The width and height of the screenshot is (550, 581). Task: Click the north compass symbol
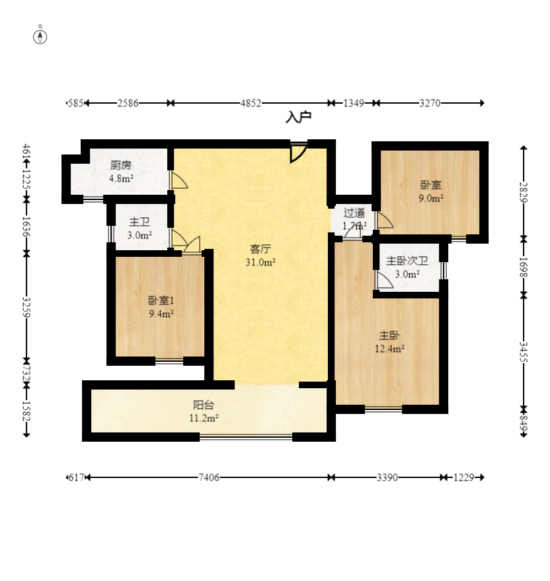pyautogui.click(x=40, y=37)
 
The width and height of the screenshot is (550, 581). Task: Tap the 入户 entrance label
pyautogui.click(x=298, y=117)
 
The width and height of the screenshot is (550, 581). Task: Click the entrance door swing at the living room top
pyautogui.click(x=299, y=153)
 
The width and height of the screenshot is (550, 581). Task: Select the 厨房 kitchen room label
pyautogui.click(x=121, y=165)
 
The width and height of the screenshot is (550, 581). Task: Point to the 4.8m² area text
pyautogui.click(x=121, y=179)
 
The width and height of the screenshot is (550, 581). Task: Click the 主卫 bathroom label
pyautogui.click(x=139, y=222)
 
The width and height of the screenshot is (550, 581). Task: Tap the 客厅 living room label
pyautogui.click(x=260, y=249)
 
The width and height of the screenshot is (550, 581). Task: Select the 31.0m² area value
pyautogui.click(x=260, y=262)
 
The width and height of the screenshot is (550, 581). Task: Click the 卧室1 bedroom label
pyautogui.click(x=161, y=300)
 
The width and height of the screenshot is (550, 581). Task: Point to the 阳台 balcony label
pyautogui.click(x=204, y=405)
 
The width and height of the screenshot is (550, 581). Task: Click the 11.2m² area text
pyautogui.click(x=204, y=419)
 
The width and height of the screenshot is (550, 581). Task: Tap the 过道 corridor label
pyautogui.click(x=354, y=213)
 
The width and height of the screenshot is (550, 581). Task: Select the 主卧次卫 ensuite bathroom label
pyautogui.click(x=407, y=261)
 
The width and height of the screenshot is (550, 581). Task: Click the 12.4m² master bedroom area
pyautogui.click(x=389, y=349)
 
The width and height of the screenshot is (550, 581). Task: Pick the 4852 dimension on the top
pyautogui.click(x=251, y=103)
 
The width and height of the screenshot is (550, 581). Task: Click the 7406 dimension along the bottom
pyautogui.click(x=209, y=477)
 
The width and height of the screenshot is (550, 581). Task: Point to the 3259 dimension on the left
pyautogui.click(x=26, y=307)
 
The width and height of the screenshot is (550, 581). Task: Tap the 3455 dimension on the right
pyautogui.click(x=524, y=352)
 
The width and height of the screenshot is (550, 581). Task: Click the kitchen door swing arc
pyautogui.click(x=179, y=180)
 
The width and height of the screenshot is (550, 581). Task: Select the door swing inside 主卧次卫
pyautogui.click(x=385, y=280)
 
